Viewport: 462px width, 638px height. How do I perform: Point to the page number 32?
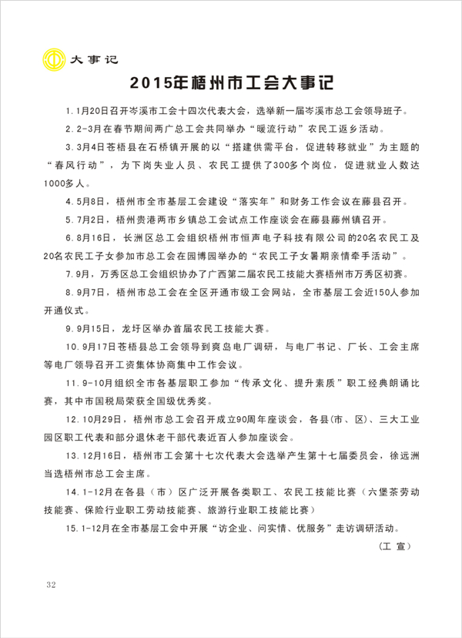point(52,584)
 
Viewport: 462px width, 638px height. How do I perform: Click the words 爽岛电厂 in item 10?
point(225,347)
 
